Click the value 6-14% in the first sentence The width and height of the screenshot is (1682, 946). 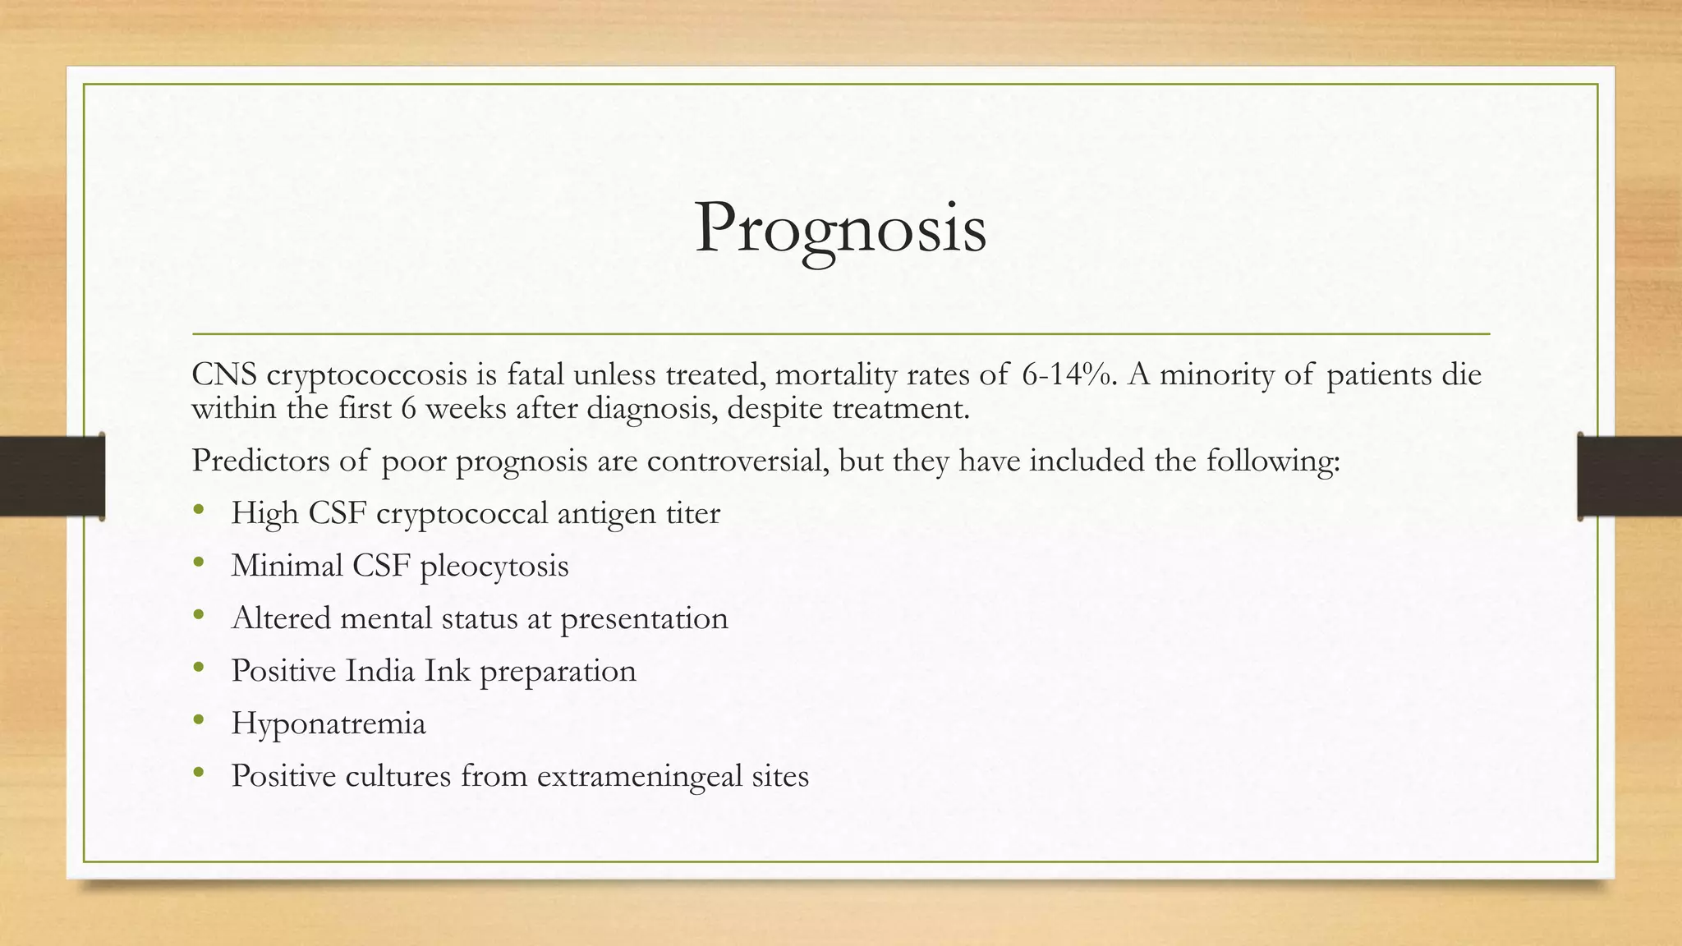point(1069,374)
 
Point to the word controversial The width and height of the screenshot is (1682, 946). point(735,461)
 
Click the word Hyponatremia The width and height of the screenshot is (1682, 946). point(329,724)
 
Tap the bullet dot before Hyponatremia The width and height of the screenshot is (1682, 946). point(198,721)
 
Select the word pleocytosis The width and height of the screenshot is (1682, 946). point(494,567)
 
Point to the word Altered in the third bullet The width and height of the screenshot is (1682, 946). point(281,618)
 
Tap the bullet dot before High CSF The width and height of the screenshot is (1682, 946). point(198,511)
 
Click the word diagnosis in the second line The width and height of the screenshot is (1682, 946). point(653,409)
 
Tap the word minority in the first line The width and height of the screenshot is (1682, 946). point(1216,374)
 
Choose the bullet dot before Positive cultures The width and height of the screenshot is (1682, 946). point(198,774)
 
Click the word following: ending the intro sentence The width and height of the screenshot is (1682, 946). point(1272,461)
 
